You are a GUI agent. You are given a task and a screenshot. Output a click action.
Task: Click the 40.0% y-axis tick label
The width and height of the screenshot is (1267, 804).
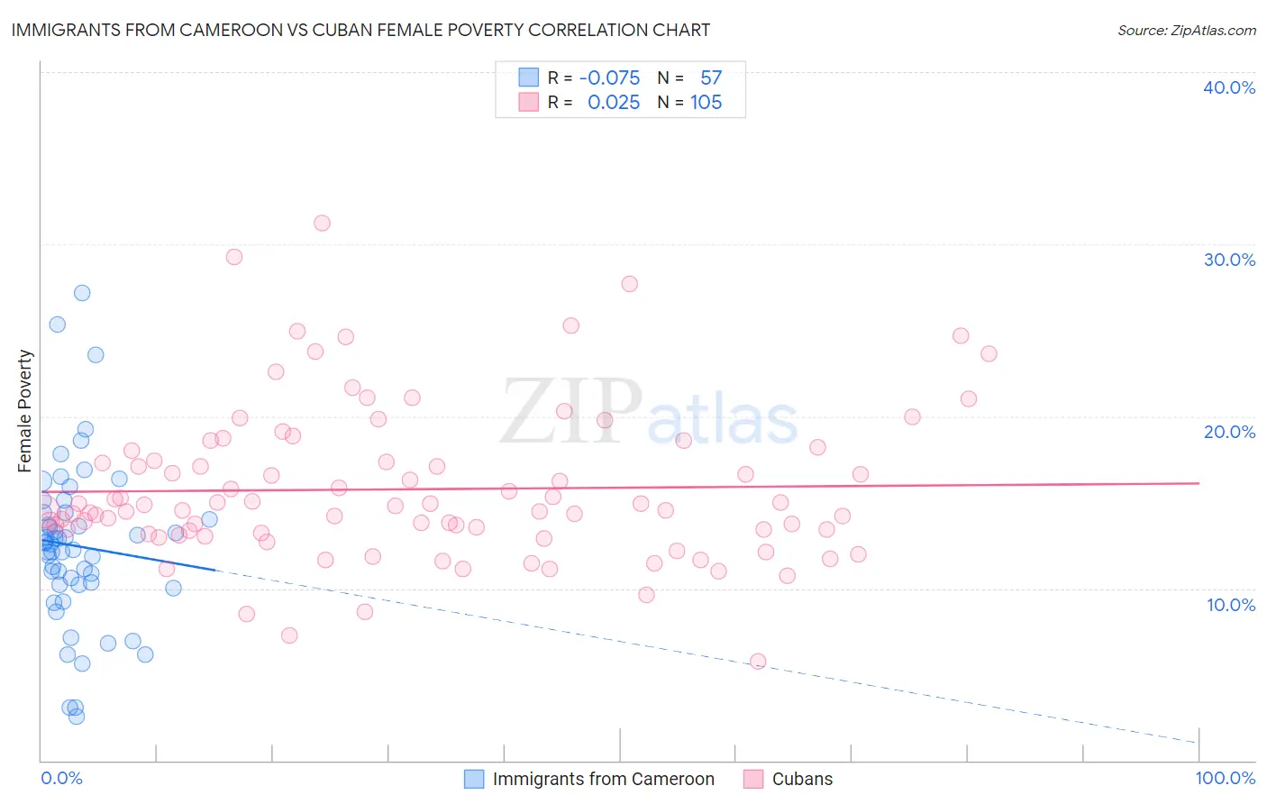(1228, 87)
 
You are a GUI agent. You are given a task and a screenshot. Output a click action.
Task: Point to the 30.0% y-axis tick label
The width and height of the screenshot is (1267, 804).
(1228, 260)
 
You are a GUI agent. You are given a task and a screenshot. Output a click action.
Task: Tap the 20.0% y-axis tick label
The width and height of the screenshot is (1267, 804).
(1228, 432)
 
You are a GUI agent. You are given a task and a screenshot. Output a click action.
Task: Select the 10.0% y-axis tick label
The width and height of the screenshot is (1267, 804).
(1230, 605)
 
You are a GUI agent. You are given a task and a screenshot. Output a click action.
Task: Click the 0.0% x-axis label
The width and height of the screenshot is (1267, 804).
(61, 778)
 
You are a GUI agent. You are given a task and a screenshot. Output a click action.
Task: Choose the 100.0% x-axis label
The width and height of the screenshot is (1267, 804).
(1225, 778)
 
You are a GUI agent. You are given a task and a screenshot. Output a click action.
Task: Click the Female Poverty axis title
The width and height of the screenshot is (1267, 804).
(25, 411)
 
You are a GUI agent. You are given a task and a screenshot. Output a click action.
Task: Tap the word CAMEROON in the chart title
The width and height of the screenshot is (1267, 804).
(238, 30)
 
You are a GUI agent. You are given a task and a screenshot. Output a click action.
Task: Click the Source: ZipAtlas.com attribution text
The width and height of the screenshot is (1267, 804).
(1186, 31)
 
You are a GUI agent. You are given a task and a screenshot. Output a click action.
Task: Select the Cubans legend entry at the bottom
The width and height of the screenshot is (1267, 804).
(801, 779)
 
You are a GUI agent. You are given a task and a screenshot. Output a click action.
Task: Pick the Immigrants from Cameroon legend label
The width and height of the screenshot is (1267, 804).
(603, 779)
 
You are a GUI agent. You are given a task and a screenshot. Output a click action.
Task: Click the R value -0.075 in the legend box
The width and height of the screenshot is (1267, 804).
(609, 78)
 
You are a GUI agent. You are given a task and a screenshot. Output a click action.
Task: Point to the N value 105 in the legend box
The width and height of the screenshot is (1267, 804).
(706, 103)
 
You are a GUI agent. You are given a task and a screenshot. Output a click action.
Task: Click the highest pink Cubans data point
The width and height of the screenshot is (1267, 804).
(322, 223)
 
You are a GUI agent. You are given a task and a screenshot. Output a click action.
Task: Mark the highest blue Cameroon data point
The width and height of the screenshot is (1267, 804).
(82, 293)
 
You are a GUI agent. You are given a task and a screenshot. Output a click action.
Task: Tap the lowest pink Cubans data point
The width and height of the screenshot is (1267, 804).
(758, 662)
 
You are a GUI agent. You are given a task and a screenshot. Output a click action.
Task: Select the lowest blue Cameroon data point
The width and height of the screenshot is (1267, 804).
(77, 717)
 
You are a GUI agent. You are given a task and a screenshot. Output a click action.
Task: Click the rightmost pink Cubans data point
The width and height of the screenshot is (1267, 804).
(989, 353)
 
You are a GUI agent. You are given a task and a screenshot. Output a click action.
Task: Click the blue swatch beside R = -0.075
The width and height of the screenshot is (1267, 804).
(528, 78)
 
